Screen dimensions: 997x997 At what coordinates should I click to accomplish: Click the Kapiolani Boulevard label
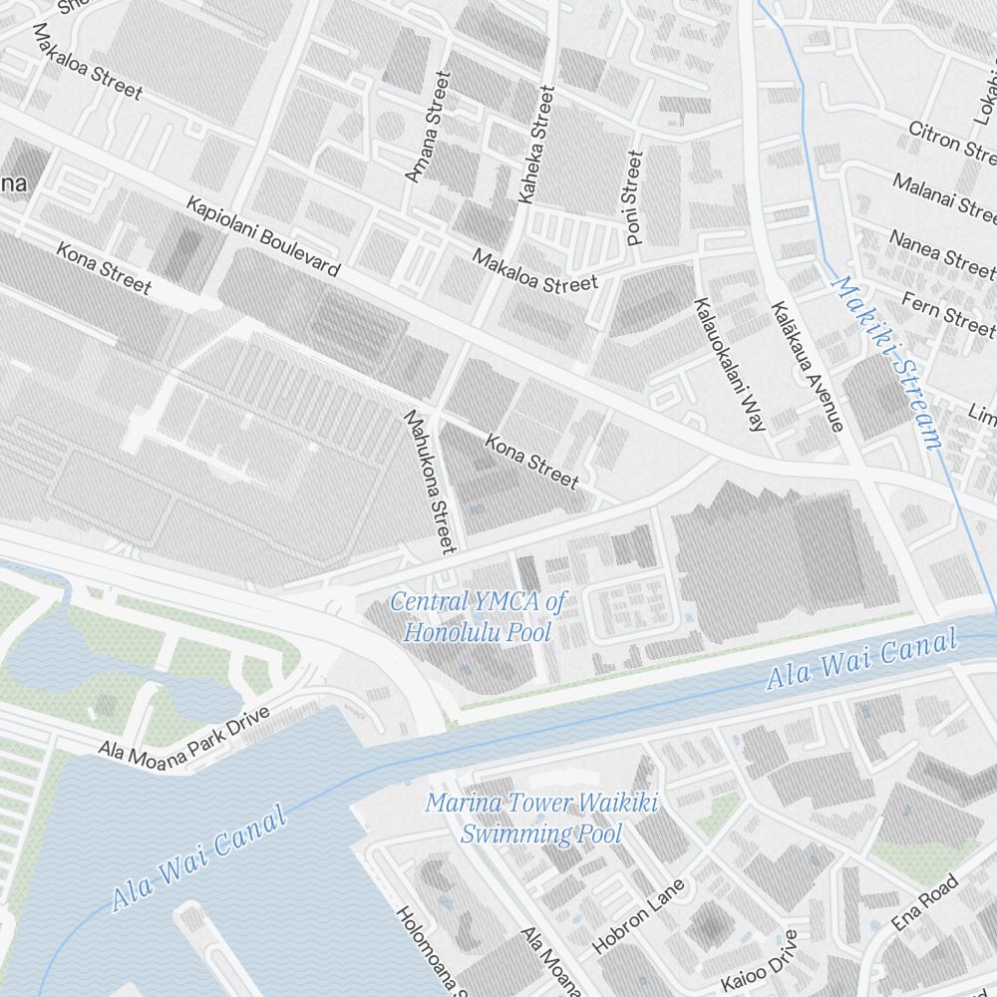point(263,236)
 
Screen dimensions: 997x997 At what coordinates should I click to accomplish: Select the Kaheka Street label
point(535,145)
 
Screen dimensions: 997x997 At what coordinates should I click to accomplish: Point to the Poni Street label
point(634,197)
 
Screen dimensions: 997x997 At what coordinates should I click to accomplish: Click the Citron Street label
point(952,143)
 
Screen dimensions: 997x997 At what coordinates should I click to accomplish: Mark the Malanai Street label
point(943,196)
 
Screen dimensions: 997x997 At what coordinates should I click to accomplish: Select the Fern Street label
point(947,311)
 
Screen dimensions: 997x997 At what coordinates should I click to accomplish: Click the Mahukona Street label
point(430,481)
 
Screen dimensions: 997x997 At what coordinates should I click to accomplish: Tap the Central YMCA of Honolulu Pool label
point(478,616)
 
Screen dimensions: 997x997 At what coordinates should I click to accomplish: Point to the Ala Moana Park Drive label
point(184,737)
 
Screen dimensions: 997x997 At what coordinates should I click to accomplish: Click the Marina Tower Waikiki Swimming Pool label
point(541,818)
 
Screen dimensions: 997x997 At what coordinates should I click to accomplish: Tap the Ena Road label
point(924,902)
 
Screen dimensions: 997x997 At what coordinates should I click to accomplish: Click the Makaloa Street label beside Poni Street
point(535,271)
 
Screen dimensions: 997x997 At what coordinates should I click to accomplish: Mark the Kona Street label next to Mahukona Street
point(531,461)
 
